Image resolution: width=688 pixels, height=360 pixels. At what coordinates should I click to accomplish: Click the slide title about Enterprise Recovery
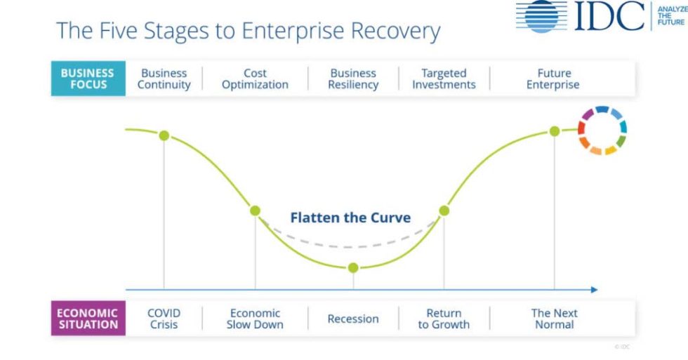click(248, 32)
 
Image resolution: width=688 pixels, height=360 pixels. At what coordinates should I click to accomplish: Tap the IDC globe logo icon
click(541, 15)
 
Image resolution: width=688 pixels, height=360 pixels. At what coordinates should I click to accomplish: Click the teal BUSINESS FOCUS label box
click(88, 79)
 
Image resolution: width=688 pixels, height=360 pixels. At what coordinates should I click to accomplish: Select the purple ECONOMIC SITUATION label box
click(88, 319)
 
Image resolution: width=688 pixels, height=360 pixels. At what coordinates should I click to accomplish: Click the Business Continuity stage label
click(164, 79)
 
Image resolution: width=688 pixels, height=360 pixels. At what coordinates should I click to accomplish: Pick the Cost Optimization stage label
click(255, 79)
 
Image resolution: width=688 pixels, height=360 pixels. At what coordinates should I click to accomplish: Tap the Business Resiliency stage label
click(353, 79)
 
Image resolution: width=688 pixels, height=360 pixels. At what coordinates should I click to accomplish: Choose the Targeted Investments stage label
click(444, 79)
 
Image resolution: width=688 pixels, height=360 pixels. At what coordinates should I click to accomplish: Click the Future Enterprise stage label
click(554, 79)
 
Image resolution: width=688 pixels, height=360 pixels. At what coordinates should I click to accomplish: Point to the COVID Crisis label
click(164, 319)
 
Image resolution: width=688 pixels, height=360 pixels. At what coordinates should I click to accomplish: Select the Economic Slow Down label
click(255, 319)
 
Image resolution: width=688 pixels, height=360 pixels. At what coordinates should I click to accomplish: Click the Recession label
click(353, 319)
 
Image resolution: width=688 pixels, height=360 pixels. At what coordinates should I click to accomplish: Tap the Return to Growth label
click(444, 319)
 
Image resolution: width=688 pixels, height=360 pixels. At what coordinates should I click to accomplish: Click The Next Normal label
click(554, 319)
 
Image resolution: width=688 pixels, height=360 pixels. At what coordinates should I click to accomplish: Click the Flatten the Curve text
click(350, 218)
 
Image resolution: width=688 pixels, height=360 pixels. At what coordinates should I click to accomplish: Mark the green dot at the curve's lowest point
click(353, 267)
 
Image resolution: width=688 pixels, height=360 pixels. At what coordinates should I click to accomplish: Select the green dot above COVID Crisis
click(164, 135)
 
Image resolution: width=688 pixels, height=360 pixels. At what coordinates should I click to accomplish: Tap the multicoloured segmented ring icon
click(602, 131)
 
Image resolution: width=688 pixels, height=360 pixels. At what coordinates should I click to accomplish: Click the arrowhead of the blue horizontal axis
click(594, 289)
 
